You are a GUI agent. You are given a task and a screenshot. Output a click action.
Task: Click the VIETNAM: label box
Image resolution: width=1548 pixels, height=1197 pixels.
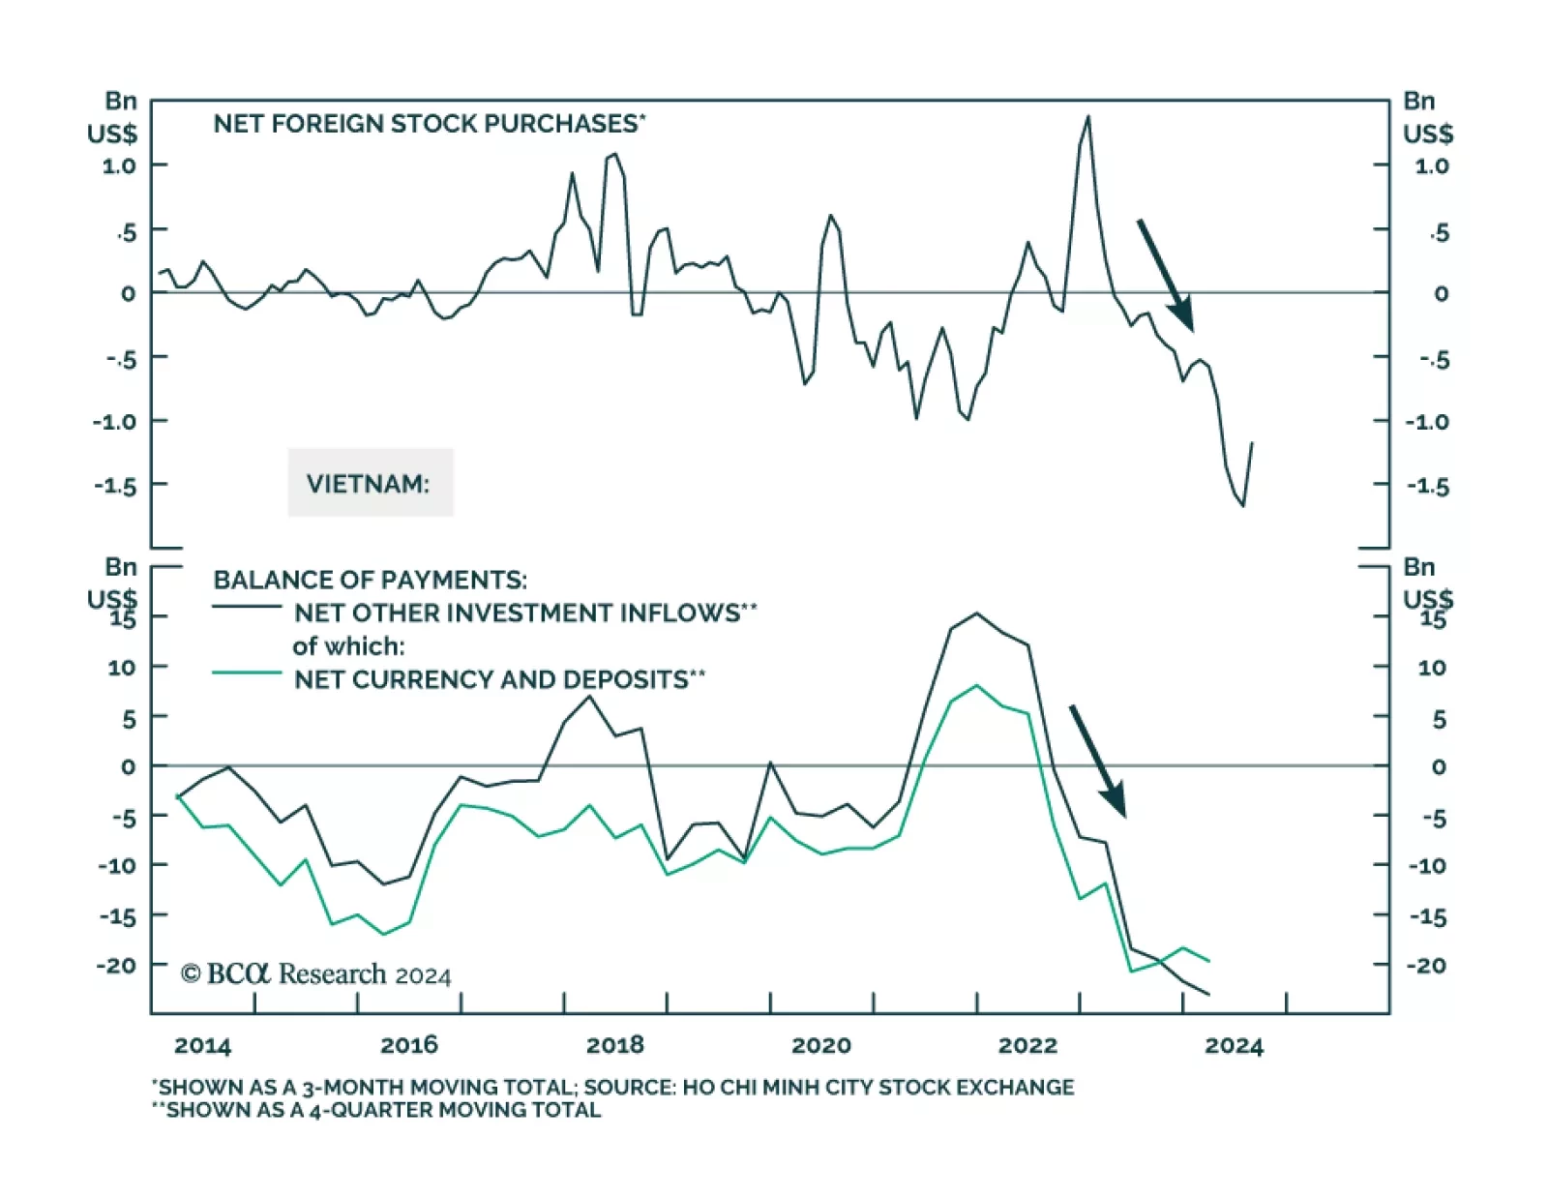(370, 483)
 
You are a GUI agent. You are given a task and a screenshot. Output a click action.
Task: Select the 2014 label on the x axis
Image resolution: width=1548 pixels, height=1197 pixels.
(202, 1046)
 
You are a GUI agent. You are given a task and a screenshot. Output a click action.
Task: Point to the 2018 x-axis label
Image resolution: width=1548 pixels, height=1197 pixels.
(614, 1046)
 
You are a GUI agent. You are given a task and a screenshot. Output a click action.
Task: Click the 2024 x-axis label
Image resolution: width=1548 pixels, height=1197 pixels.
(1234, 1046)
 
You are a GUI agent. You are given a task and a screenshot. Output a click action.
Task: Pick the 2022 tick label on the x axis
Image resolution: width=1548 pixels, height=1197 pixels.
(1027, 1046)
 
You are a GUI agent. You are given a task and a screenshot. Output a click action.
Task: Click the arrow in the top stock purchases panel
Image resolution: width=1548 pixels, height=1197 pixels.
(1165, 275)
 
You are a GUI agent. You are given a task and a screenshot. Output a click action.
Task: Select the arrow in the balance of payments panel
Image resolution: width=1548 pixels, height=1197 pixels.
(1097, 761)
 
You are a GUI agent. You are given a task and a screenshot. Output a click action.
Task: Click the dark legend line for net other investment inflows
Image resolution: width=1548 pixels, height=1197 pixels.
(247, 607)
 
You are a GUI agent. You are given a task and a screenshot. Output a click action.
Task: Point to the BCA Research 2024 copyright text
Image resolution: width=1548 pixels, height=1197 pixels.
(316, 973)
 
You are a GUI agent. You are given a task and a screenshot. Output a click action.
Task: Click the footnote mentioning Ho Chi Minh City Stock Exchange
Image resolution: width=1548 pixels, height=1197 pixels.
(613, 1088)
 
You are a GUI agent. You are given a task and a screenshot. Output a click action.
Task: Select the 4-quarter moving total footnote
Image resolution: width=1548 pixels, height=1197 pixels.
(377, 1110)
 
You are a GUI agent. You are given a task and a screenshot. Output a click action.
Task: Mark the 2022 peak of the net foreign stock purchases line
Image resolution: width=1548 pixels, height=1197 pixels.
(1088, 117)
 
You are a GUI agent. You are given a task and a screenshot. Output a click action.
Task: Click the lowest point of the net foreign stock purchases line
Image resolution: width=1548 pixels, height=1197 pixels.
(1243, 505)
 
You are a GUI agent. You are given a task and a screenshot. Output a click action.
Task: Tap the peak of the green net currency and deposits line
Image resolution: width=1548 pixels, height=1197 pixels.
(977, 686)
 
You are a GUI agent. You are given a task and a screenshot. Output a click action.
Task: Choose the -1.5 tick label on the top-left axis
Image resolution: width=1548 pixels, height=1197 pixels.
(115, 485)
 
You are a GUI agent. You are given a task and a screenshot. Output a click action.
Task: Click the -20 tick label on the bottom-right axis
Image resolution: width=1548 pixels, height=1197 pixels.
(1426, 965)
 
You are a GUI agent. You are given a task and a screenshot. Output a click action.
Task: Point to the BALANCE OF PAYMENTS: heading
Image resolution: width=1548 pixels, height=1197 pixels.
(371, 580)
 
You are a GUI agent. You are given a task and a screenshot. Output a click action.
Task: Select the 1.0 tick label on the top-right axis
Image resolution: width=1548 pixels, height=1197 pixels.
(1432, 166)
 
